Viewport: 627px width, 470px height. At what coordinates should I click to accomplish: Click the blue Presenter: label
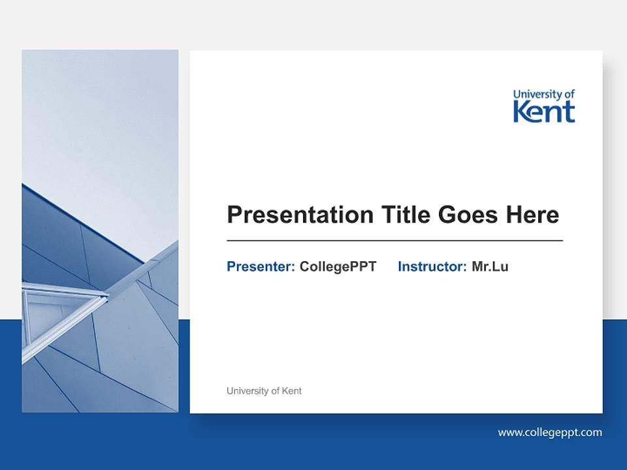[261, 266]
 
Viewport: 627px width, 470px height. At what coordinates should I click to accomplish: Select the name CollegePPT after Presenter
[338, 266]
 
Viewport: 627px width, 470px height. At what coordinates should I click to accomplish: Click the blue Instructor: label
[432, 266]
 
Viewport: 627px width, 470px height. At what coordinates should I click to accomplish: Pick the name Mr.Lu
[490, 266]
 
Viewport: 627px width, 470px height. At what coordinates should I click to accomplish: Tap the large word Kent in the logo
[544, 112]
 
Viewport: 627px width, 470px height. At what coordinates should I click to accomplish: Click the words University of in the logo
[544, 95]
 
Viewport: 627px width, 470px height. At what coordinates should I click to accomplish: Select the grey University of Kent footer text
[264, 391]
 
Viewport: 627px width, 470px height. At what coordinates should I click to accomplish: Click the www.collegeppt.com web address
[550, 432]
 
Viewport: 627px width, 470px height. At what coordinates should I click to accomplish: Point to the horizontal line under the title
[394, 241]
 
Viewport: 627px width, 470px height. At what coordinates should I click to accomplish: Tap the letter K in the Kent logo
[521, 112]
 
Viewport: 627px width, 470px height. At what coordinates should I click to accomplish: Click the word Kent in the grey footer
[291, 391]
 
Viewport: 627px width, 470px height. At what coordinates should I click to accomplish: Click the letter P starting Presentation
[234, 215]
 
